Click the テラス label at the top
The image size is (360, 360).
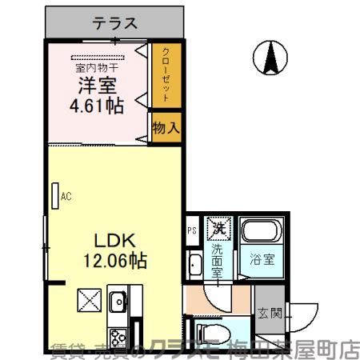point(115,23)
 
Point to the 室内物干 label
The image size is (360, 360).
point(98,68)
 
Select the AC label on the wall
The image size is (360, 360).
point(65,194)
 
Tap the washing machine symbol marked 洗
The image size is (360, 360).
point(218,229)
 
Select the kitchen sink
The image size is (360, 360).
point(118,303)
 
